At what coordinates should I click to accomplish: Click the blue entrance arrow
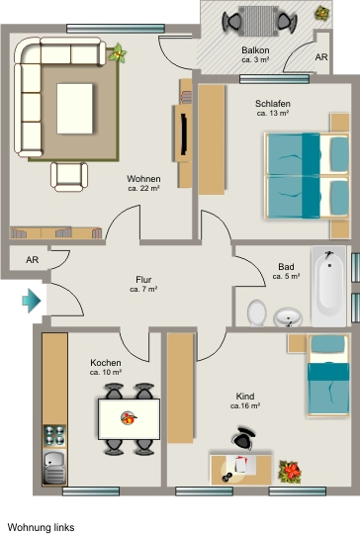[x=32, y=301]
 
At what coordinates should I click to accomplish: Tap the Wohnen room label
[x=143, y=179]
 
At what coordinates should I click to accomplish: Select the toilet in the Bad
[x=257, y=312]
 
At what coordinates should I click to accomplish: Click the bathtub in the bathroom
[x=329, y=286]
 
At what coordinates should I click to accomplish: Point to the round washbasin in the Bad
[x=288, y=317]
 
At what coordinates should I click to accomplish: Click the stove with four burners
[x=54, y=435]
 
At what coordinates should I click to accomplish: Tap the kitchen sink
[x=54, y=466]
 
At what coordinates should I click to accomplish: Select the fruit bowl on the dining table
[x=129, y=418]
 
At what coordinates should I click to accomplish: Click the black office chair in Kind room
[x=244, y=438]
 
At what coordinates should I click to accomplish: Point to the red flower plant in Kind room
[x=290, y=472]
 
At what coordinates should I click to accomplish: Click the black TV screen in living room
[x=184, y=134]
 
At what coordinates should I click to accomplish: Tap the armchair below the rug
[x=69, y=176]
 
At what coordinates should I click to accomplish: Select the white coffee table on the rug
[x=74, y=109]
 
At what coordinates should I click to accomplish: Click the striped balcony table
[x=259, y=21]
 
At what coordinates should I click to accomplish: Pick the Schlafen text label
[x=273, y=104]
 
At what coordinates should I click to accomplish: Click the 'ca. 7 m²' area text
[x=143, y=290]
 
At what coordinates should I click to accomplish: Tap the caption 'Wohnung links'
[x=41, y=527]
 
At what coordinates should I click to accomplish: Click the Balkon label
[x=255, y=50]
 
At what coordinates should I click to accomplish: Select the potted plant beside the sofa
[x=118, y=53]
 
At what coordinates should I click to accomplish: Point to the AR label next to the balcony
[x=321, y=57]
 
